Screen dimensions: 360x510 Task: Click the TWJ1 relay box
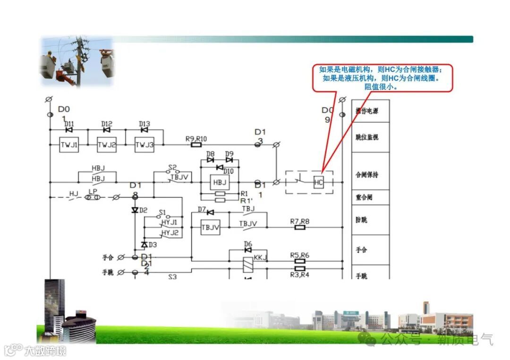pyautogui.click(x=69, y=145)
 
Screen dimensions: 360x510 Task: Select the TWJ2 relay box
pyautogui.click(x=107, y=145)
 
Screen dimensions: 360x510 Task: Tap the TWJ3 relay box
pyautogui.click(x=144, y=145)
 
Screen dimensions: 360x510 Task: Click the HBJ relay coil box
pyautogui.click(x=220, y=183)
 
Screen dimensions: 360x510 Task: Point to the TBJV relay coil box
pyautogui.click(x=211, y=227)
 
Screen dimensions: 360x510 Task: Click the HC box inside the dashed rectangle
pyautogui.click(x=319, y=183)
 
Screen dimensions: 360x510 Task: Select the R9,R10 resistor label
pyautogui.click(x=196, y=138)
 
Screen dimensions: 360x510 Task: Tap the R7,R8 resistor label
pyautogui.click(x=300, y=221)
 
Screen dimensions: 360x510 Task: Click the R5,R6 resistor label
pyautogui.click(x=300, y=255)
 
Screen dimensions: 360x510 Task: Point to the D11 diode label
pyautogui.click(x=69, y=124)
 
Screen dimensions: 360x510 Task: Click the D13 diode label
pyautogui.click(x=144, y=124)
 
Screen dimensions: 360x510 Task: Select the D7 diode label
pyautogui.click(x=202, y=209)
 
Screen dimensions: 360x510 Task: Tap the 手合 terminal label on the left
pyautogui.click(x=108, y=258)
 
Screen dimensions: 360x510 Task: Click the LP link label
pyautogui.click(x=93, y=192)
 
